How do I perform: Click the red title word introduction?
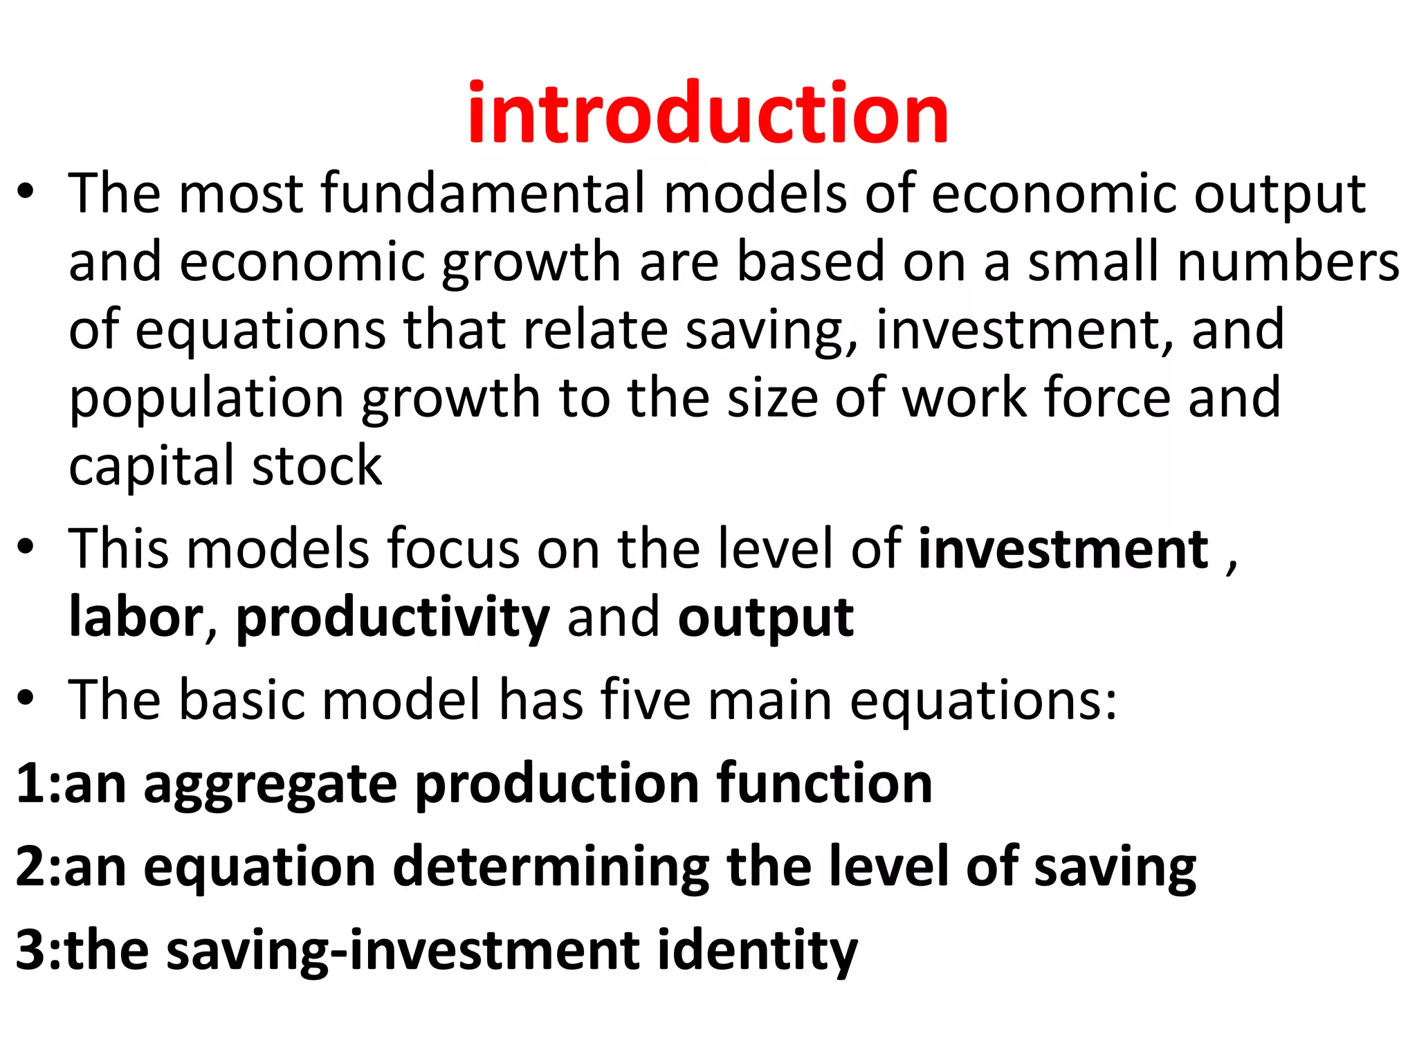[x=707, y=113]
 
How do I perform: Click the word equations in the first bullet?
[x=260, y=331]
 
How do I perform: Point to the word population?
[x=206, y=399]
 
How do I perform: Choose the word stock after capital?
[x=316, y=466]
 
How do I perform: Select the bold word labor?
[x=136, y=617]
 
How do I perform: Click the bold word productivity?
[x=393, y=618]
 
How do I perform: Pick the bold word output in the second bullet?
[x=765, y=618]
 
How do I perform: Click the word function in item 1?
[x=824, y=783]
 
